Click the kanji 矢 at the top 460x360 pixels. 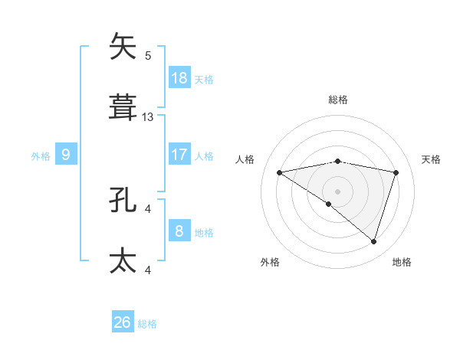tap(123, 46)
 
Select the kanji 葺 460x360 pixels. tap(123, 108)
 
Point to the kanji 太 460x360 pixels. tap(123, 260)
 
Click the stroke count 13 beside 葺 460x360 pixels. tap(148, 117)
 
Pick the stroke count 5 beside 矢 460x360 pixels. tap(148, 55)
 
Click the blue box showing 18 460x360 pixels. tap(179, 77)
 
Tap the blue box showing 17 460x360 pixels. tap(179, 155)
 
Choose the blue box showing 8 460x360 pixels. tap(179, 231)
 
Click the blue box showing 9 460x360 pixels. tap(66, 155)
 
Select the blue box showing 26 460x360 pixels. tap(123, 322)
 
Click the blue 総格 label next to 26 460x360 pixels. tap(148, 324)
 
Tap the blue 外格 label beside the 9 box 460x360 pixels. tap(41, 156)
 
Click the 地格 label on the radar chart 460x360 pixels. tap(402, 262)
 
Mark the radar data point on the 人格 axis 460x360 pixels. tap(279, 172)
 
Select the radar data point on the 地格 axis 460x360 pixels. tap(373, 241)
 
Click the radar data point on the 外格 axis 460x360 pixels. tap(329, 204)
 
